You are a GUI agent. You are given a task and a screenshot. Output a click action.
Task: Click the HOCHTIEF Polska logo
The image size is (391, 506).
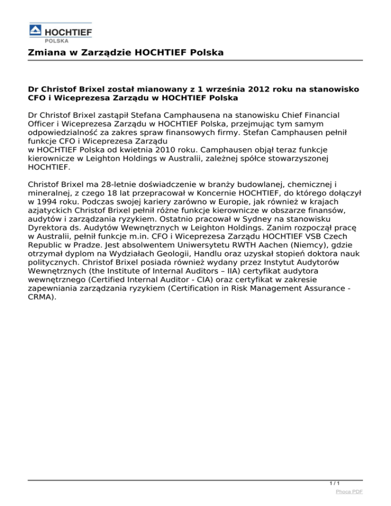pos(60,34)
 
